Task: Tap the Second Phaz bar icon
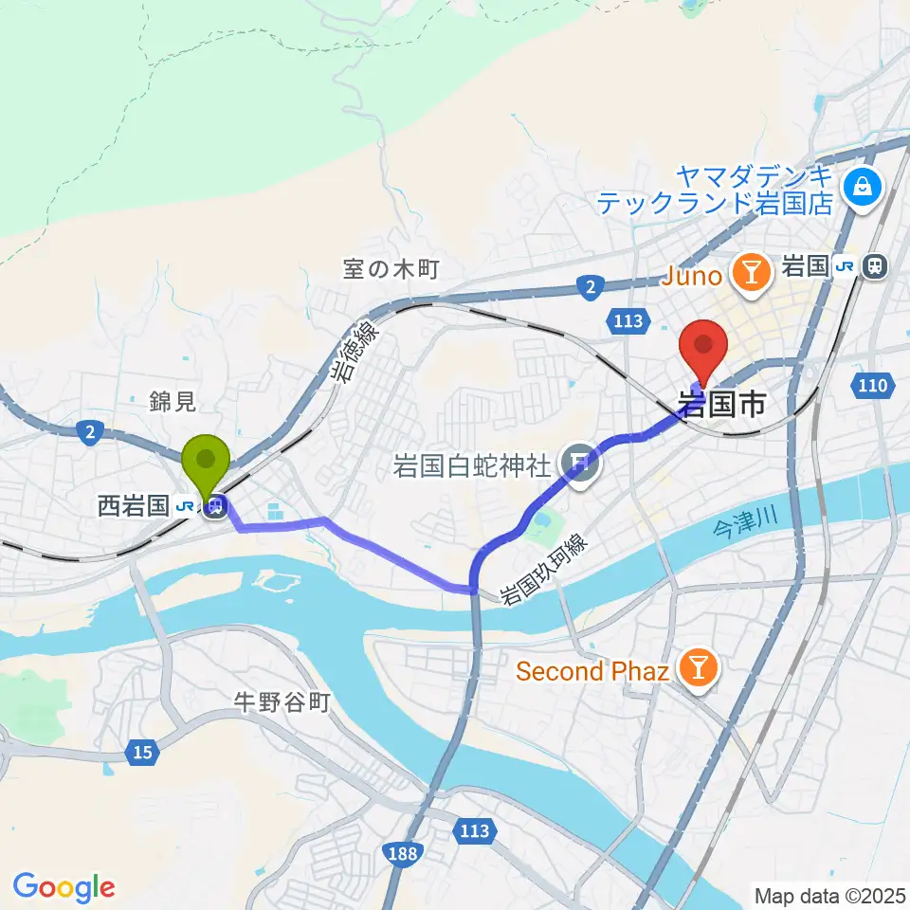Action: (699, 671)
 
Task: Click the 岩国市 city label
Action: (721, 407)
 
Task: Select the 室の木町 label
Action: (391, 269)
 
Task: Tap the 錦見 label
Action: (173, 402)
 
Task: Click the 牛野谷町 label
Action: (282, 702)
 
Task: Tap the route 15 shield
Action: (142, 753)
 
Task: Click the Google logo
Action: (64, 887)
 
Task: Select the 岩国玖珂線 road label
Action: (545, 571)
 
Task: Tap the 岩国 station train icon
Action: (874, 268)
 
